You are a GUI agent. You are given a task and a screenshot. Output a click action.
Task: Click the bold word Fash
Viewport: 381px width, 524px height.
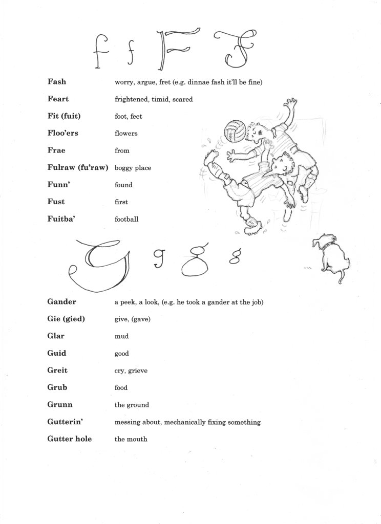(x=56, y=81)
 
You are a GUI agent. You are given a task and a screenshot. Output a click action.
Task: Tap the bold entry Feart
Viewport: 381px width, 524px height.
(x=58, y=99)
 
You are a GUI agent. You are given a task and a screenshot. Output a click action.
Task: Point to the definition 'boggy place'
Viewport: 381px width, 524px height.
(x=133, y=168)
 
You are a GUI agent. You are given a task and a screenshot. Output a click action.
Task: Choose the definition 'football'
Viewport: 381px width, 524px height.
(x=126, y=219)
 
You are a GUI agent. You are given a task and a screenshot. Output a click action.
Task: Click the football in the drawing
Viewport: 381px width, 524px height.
(x=236, y=131)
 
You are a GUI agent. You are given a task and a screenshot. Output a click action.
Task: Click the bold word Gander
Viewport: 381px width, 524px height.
(x=61, y=302)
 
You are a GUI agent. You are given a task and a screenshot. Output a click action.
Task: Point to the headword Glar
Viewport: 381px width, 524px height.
(x=55, y=336)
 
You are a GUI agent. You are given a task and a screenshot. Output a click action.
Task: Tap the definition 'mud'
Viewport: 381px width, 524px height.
(x=121, y=337)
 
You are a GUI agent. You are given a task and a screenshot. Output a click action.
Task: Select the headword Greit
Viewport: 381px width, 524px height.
(x=57, y=370)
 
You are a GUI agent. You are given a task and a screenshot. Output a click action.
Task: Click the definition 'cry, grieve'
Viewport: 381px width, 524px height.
(x=131, y=370)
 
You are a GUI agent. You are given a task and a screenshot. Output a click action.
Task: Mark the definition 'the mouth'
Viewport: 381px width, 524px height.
(x=131, y=439)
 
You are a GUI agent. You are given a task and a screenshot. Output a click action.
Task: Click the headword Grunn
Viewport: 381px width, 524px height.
(x=59, y=404)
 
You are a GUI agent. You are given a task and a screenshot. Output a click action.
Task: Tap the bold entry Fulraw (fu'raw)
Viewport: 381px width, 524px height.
(x=77, y=167)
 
